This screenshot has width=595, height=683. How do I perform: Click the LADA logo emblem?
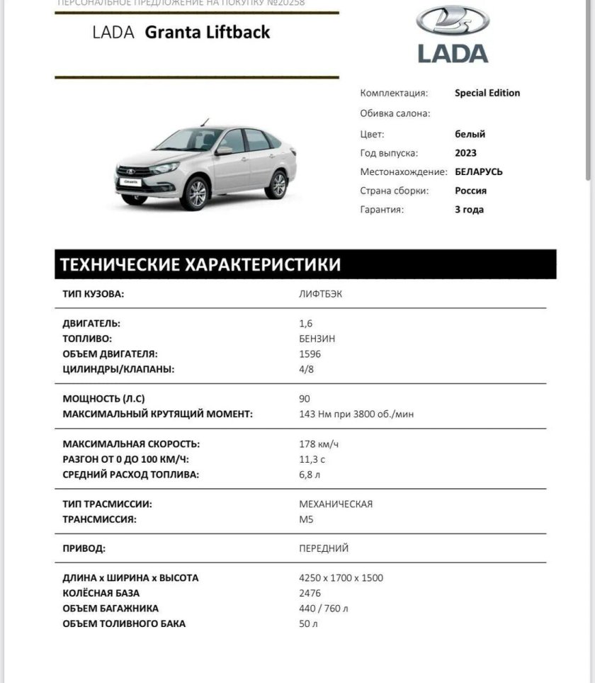pos(453,21)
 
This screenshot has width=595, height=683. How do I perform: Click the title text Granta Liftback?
pos(207,33)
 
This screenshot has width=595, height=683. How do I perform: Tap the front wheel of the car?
pos(196,193)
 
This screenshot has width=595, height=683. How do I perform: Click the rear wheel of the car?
pos(277,184)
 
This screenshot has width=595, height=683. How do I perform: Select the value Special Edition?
pos(487,93)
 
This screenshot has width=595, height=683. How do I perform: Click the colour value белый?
pos(470,134)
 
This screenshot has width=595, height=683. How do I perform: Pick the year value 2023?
pos(465,153)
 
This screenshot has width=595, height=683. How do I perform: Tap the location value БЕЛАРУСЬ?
pos(479,171)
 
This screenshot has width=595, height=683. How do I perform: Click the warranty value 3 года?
pos(469,209)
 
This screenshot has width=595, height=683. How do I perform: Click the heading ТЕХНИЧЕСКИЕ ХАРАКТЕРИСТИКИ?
pos(200,265)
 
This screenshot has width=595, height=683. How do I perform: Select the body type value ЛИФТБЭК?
pos(320,294)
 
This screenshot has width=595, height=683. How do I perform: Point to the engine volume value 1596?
pos(310,354)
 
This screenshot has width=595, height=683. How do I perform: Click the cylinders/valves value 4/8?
pos(307,369)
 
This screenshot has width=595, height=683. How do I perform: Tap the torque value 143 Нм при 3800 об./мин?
pos(356,414)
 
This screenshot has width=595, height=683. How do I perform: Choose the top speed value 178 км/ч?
pos(319,444)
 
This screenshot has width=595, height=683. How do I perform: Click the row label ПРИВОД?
pos(84,548)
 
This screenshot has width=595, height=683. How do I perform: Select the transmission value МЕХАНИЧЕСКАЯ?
pos(336,504)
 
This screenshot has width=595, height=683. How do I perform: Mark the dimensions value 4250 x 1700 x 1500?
pos(341,578)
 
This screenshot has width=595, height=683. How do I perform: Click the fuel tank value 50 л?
pos(309,623)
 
